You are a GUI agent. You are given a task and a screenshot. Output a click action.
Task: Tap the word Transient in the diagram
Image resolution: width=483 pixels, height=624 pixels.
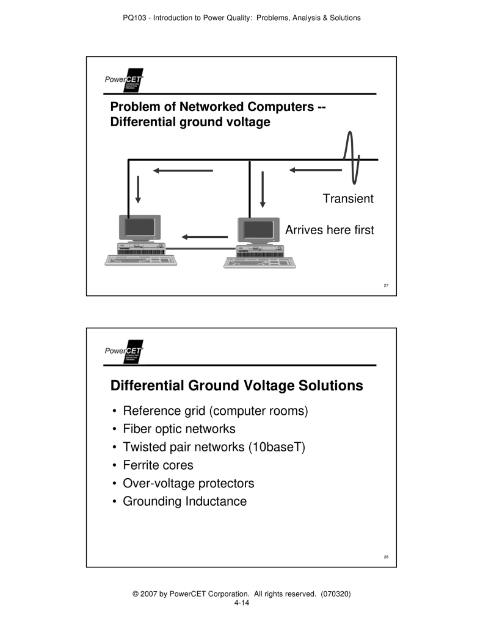tap(348, 199)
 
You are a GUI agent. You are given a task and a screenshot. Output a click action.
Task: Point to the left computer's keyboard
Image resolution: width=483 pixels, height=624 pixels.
tap(140, 259)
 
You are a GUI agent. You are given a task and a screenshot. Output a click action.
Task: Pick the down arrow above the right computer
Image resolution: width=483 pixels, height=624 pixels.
tap(262, 189)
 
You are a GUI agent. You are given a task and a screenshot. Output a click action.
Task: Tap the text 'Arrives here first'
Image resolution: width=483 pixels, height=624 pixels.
tap(330, 231)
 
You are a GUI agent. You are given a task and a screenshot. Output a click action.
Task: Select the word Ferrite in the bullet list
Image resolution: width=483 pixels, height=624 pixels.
tap(142, 465)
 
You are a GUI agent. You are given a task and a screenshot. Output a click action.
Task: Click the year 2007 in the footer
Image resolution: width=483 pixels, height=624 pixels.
tap(147, 593)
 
